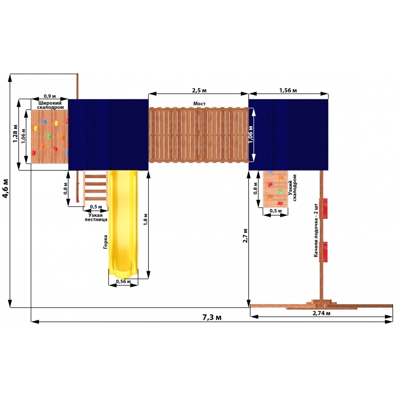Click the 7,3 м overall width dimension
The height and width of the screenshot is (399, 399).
tap(211, 317)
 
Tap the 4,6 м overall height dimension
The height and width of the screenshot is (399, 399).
tap(5, 189)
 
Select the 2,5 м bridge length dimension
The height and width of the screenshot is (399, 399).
tap(199, 90)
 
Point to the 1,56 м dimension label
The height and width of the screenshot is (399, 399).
tap(288, 90)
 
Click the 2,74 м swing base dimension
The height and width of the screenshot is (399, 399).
tap(321, 313)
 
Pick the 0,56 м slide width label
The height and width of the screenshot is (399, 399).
tap(123, 281)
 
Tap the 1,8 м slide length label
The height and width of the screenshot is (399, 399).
tap(146, 219)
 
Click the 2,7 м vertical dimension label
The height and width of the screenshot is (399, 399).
tap(245, 235)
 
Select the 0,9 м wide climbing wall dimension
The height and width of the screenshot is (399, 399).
tap(49, 96)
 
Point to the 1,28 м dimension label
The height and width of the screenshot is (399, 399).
tap(15, 133)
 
